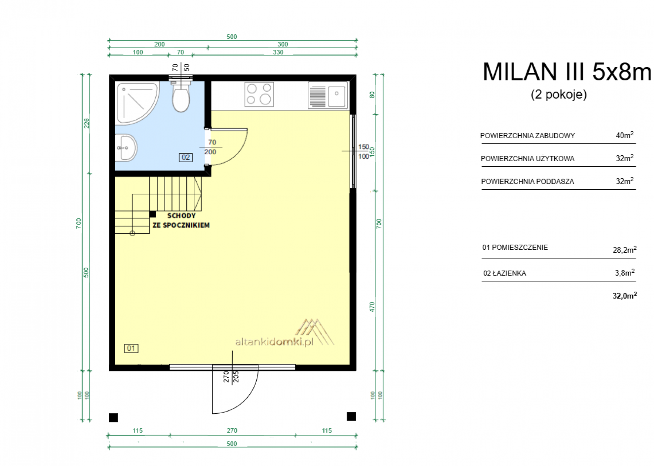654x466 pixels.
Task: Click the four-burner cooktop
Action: click(259, 94)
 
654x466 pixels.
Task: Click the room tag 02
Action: click(186, 158)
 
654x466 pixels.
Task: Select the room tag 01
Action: click(131, 348)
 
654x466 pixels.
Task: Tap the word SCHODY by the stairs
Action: click(181, 216)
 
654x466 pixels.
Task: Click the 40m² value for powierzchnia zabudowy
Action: click(625, 135)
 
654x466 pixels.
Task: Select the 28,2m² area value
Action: click(625, 250)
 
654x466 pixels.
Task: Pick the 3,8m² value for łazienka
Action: click(625, 273)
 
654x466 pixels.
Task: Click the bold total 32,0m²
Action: click(625, 296)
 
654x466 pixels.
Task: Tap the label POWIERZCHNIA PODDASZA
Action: click(527, 181)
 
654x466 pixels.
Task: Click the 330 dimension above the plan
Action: click(278, 52)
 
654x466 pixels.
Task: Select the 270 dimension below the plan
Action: click(232, 430)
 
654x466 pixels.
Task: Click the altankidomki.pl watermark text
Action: click(274, 342)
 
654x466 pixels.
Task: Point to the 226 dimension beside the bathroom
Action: click(87, 123)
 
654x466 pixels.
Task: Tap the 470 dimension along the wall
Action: click(372, 307)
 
